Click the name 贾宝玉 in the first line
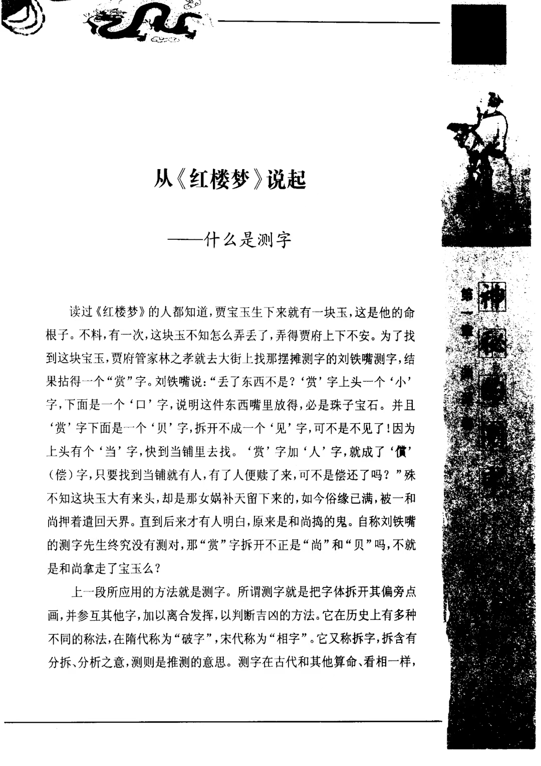[x=232, y=314]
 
